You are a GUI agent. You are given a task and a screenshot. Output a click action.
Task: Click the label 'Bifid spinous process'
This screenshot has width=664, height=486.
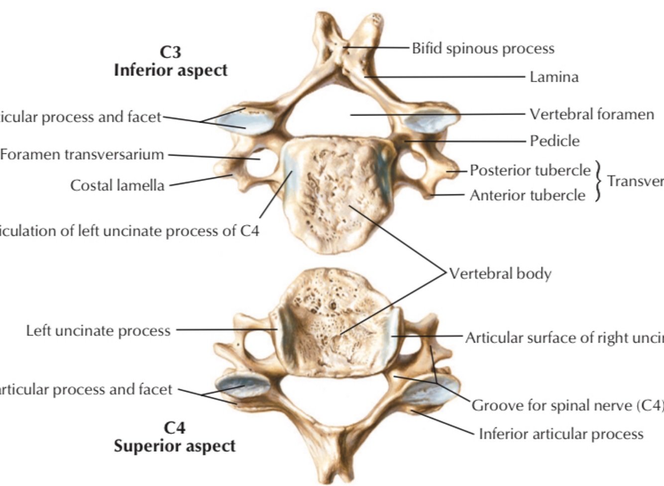(x=483, y=48)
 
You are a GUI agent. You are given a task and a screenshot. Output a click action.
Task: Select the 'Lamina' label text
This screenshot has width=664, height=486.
(x=553, y=77)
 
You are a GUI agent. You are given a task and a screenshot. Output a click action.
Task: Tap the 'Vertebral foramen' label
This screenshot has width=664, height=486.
(x=591, y=114)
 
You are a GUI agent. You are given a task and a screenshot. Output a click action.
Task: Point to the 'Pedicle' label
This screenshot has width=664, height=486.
(x=554, y=141)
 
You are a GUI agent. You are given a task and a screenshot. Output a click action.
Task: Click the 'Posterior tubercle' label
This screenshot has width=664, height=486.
(x=530, y=170)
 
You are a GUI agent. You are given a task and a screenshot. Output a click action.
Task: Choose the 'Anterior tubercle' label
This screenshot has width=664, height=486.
(x=527, y=195)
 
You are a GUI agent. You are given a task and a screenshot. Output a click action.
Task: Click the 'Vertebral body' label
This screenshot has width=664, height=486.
(x=500, y=273)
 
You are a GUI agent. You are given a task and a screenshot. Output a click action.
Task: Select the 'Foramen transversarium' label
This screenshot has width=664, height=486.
(x=82, y=154)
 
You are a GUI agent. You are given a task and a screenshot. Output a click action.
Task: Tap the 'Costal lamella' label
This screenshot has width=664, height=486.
(x=117, y=185)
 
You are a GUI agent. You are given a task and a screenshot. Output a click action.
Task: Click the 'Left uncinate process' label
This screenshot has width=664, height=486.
(x=98, y=331)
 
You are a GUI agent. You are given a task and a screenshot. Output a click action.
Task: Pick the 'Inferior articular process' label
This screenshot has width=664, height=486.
(x=560, y=434)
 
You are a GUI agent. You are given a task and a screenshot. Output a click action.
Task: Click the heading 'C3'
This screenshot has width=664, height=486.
(x=170, y=52)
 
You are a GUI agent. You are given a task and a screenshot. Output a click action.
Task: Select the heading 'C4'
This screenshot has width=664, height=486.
(x=174, y=427)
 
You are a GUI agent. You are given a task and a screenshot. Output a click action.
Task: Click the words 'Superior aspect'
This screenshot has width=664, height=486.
(x=174, y=446)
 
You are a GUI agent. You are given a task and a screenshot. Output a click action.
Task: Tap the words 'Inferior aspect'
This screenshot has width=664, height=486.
(x=170, y=70)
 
